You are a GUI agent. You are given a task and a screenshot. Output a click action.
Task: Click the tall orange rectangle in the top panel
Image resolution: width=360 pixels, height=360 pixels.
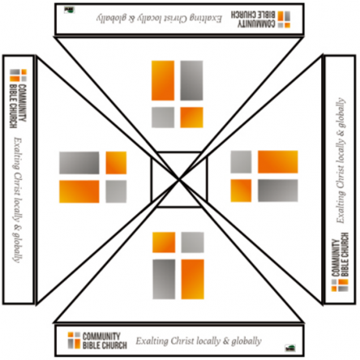[x=163, y=80]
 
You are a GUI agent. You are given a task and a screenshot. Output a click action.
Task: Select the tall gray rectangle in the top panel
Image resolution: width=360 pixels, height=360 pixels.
[x=191, y=80]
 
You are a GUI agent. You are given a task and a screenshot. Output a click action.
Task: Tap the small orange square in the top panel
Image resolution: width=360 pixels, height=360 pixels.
[x=191, y=118]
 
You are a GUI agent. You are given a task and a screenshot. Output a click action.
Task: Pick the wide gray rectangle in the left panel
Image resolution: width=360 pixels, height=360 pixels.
[x=79, y=163]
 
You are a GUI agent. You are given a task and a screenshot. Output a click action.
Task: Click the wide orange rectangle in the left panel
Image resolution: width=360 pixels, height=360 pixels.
[x=79, y=191]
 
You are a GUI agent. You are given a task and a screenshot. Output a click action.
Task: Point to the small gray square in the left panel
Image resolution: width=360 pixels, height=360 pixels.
[x=116, y=191]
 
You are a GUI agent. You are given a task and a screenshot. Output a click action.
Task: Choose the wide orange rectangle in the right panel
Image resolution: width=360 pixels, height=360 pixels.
[x=278, y=162]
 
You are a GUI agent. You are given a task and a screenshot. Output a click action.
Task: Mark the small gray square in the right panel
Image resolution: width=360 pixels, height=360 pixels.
[x=241, y=162]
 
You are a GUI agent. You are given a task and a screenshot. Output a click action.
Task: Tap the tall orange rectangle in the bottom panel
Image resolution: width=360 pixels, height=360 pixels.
[x=192, y=279]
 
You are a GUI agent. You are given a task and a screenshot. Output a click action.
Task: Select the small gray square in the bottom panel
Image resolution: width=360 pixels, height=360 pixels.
[x=192, y=242]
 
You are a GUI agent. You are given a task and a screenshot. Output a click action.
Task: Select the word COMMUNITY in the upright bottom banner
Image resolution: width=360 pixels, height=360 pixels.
[x=101, y=336]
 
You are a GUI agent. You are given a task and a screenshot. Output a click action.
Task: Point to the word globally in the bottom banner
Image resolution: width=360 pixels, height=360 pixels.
[x=246, y=341]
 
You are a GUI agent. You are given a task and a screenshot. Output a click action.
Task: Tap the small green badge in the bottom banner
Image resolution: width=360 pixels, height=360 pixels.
[x=290, y=348]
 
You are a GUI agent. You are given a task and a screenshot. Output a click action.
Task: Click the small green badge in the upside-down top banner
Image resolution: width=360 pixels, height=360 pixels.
[x=69, y=11]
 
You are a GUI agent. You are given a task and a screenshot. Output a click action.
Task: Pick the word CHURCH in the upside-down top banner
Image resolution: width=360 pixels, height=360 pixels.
[x=242, y=15]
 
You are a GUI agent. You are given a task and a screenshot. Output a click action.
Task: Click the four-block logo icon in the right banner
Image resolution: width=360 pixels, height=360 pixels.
[x=340, y=285]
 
